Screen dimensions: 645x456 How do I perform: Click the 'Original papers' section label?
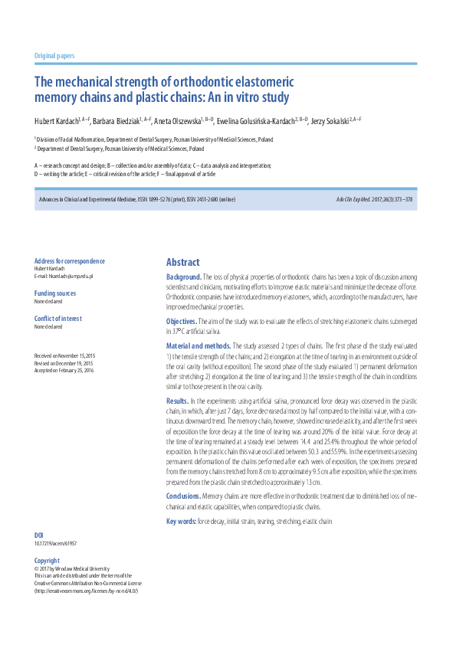tap(54, 56)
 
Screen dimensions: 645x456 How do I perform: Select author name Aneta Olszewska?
tap(177, 122)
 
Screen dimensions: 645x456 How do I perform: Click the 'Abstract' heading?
tap(182, 262)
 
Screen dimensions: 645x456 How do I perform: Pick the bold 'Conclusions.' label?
tap(183, 496)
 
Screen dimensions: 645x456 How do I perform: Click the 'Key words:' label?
tap(181, 521)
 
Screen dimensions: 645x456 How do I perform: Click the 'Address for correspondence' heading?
tap(70, 261)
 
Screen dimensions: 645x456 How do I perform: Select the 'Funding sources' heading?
tap(55, 293)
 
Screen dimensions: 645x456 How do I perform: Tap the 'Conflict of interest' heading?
tap(58, 319)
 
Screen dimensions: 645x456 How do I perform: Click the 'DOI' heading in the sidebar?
tap(39, 535)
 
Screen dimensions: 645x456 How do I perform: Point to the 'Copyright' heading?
tap(47, 561)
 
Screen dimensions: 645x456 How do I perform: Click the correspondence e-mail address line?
tap(63, 276)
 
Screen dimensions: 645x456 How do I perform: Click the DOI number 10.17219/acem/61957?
tap(55, 543)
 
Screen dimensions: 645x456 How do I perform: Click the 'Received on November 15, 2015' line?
tap(64, 356)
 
